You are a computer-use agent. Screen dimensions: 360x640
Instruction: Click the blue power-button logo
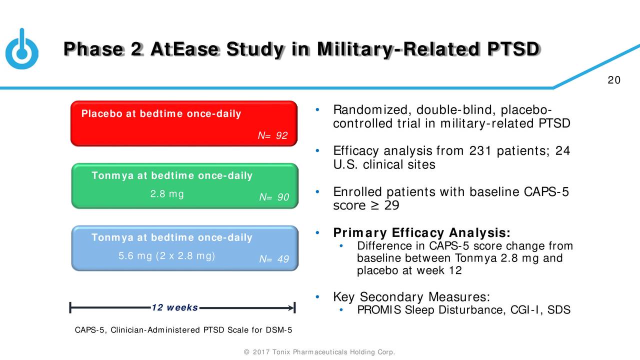pos(21,50)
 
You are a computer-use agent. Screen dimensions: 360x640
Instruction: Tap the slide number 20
pos(614,81)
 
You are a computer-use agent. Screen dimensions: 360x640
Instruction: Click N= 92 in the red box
pos(272,135)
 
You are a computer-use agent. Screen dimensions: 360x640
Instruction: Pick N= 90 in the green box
pos(274,198)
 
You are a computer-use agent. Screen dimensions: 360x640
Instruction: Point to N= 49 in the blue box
pos(274,259)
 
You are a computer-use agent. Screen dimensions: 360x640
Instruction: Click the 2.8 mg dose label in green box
pos(167,194)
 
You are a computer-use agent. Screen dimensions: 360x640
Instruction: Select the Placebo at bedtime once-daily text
pos(161,114)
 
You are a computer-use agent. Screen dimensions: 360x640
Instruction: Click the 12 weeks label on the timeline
pos(174,307)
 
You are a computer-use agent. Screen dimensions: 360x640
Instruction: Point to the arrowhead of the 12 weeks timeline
pos(291,308)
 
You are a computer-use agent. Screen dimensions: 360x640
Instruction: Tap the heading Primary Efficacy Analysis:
pos(421,233)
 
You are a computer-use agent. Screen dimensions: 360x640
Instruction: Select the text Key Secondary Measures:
pos(411,297)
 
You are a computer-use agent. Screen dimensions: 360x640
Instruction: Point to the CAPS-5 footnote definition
pos(183,330)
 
